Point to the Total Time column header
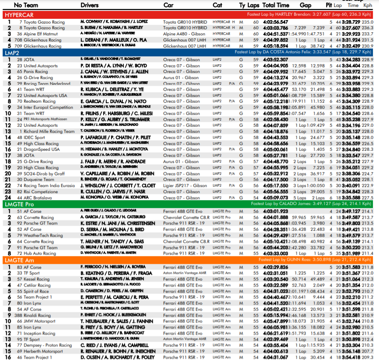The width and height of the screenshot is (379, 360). coord(276,5)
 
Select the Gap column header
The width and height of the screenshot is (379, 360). coord(306,5)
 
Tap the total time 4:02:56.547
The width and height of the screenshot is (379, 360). coord(275,22)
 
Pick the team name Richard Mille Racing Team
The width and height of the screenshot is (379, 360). coord(49,131)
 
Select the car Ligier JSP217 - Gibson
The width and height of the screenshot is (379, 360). coord(185,185)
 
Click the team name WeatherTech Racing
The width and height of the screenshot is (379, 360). coord(43,235)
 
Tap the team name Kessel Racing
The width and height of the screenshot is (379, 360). coord(37,279)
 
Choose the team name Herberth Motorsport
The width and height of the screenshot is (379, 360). coord(43,351)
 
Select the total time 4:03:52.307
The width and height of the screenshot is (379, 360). coord(275,59)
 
